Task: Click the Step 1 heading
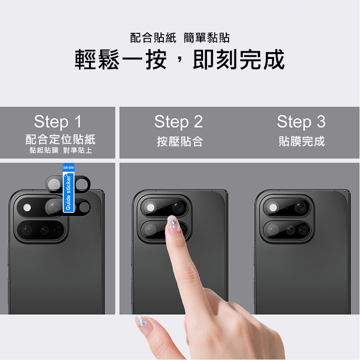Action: [x=58, y=121]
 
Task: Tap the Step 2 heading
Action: [x=178, y=121]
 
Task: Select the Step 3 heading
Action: [x=301, y=121]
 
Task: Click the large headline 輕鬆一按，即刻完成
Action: [x=180, y=59]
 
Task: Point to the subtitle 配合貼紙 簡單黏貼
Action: [x=180, y=38]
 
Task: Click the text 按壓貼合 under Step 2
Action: [x=180, y=141]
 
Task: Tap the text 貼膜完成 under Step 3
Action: [x=301, y=141]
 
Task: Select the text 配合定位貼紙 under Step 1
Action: [x=60, y=139]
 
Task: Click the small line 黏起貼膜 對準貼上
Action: [x=61, y=150]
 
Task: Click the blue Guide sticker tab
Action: [x=68, y=188]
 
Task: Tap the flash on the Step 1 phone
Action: [x=27, y=207]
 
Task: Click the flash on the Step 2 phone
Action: [x=150, y=207]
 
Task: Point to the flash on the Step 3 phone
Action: [x=273, y=207]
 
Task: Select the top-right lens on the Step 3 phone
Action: [x=301, y=207]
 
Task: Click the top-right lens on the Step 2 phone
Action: [x=178, y=207]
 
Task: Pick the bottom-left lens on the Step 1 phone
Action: [x=27, y=230]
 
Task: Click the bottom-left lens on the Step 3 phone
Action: [x=273, y=230]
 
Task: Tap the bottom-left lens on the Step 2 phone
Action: [x=150, y=230]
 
